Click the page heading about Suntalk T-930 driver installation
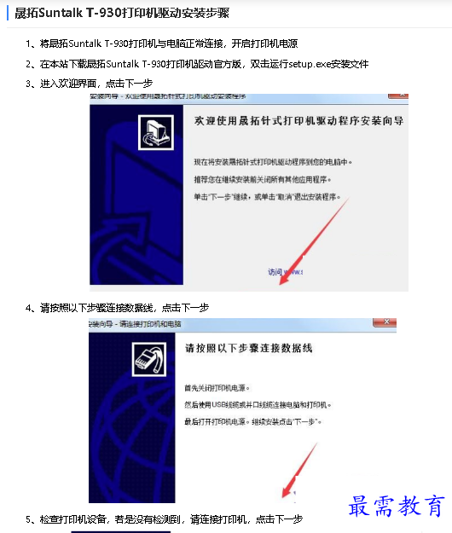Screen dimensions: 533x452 coord(123,13)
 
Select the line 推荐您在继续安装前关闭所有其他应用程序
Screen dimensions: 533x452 coord(264,179)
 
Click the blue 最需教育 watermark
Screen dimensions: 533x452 coord(397,507)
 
